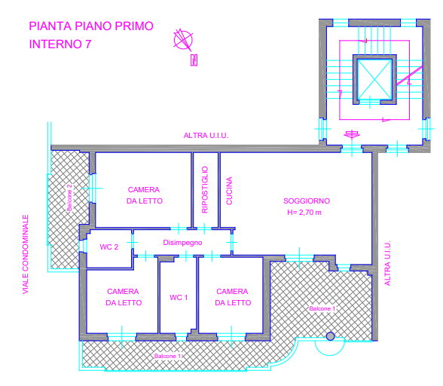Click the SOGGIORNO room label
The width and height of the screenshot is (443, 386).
[307, 201]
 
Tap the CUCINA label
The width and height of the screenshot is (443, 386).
[229, 191]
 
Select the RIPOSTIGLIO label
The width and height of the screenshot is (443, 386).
[205, 189]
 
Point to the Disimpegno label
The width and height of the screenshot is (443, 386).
[182, 243]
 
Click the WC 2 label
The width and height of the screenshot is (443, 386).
[109, 247]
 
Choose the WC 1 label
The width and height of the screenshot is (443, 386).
[179, 298]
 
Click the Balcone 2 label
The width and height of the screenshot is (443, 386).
[69, 198]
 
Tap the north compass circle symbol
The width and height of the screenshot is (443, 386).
[183, 40]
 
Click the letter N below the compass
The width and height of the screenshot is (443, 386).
[194, 60]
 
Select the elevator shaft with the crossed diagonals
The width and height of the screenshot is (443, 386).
[374, 79]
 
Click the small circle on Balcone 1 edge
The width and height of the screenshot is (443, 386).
[330, 336]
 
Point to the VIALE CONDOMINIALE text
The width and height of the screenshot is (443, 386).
[26, 254]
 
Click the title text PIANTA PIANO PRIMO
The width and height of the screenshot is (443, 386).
[91, 26]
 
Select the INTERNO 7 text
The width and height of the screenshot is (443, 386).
[60, 44]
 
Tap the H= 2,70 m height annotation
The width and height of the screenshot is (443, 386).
[304, 213]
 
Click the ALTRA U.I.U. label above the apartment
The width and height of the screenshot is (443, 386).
[206, 136]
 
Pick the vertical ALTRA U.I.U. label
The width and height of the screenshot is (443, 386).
[387, 263]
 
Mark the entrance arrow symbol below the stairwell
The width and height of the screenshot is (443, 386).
[352, 135]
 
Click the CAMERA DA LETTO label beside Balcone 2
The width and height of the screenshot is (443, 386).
[145, 195]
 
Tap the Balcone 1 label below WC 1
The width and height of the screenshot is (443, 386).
[167, 356]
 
